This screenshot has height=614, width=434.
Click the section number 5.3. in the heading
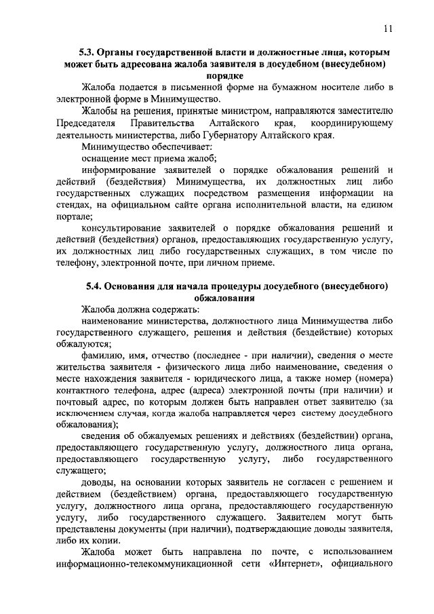89,52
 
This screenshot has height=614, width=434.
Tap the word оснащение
104,159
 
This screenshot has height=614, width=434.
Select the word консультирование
123,228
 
